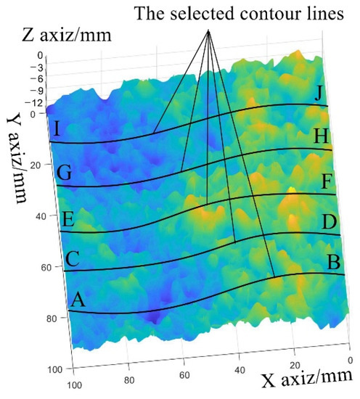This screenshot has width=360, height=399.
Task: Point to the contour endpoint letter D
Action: click(329, 221)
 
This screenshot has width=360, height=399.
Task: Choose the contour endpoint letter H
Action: click(321, 136)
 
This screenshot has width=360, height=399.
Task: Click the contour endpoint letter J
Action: click(319, 93)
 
